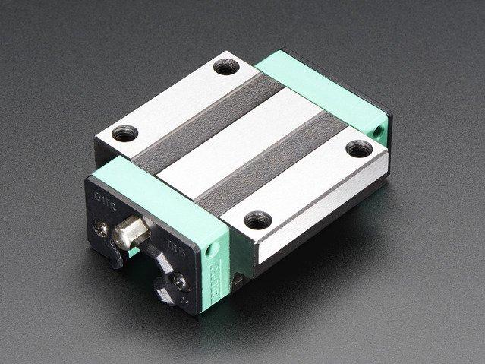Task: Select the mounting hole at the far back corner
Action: coord(224,68)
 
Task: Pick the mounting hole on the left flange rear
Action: coord(121,135)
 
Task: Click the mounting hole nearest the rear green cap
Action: coord(355,148)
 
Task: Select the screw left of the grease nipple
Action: coord(101,225)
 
